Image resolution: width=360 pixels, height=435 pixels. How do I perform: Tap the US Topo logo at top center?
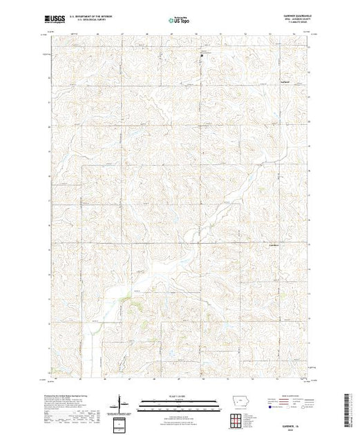[x=179, y=19]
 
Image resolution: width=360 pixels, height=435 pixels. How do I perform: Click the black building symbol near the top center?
[x=201, y=57]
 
